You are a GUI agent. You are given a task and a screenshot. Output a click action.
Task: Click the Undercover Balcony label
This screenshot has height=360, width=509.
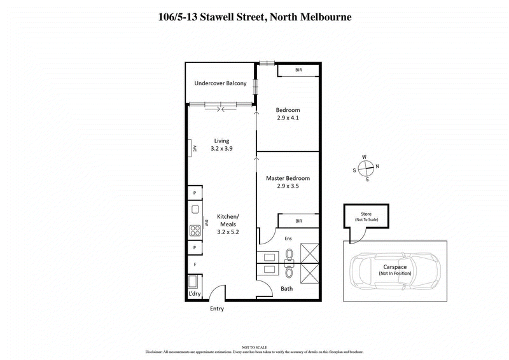220,83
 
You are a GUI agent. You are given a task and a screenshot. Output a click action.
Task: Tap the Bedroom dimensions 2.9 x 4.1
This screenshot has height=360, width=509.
288,118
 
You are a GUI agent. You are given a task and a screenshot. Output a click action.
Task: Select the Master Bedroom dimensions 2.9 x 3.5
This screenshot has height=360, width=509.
288,186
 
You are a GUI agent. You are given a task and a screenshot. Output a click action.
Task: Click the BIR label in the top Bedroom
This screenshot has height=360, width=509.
298,70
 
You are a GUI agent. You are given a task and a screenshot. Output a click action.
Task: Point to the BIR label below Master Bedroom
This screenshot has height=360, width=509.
298,221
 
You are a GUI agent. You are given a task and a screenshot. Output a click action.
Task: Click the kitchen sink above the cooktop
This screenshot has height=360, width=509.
193,209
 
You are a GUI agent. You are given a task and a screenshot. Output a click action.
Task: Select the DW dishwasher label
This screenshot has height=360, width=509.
207,223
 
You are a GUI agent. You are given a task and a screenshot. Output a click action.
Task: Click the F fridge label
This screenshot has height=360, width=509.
193,263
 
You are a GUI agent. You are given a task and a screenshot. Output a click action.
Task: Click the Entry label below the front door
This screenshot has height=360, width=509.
217,309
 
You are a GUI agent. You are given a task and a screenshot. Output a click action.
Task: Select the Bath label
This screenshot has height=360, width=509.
286,289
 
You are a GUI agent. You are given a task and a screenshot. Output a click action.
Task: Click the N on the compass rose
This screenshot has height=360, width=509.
377,167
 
